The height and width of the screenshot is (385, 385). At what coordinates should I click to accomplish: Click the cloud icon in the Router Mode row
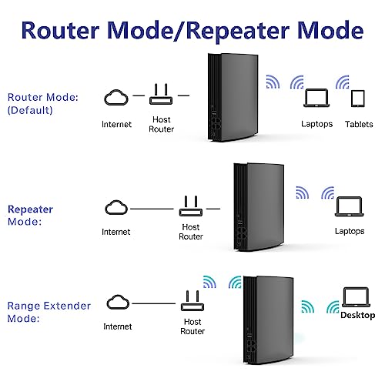[x=115, y=97]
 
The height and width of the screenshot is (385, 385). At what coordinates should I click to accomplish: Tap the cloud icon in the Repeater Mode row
[x=115, y=208]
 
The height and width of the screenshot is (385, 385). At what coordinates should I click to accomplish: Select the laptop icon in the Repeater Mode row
[x=348, y=206]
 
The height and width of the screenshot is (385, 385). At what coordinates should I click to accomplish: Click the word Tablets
[x=358, y=124]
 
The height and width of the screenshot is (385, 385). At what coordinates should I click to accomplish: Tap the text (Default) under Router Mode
[x=31, y=109]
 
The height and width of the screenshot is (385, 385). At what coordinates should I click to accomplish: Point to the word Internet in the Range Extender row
[x=116, y=325]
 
